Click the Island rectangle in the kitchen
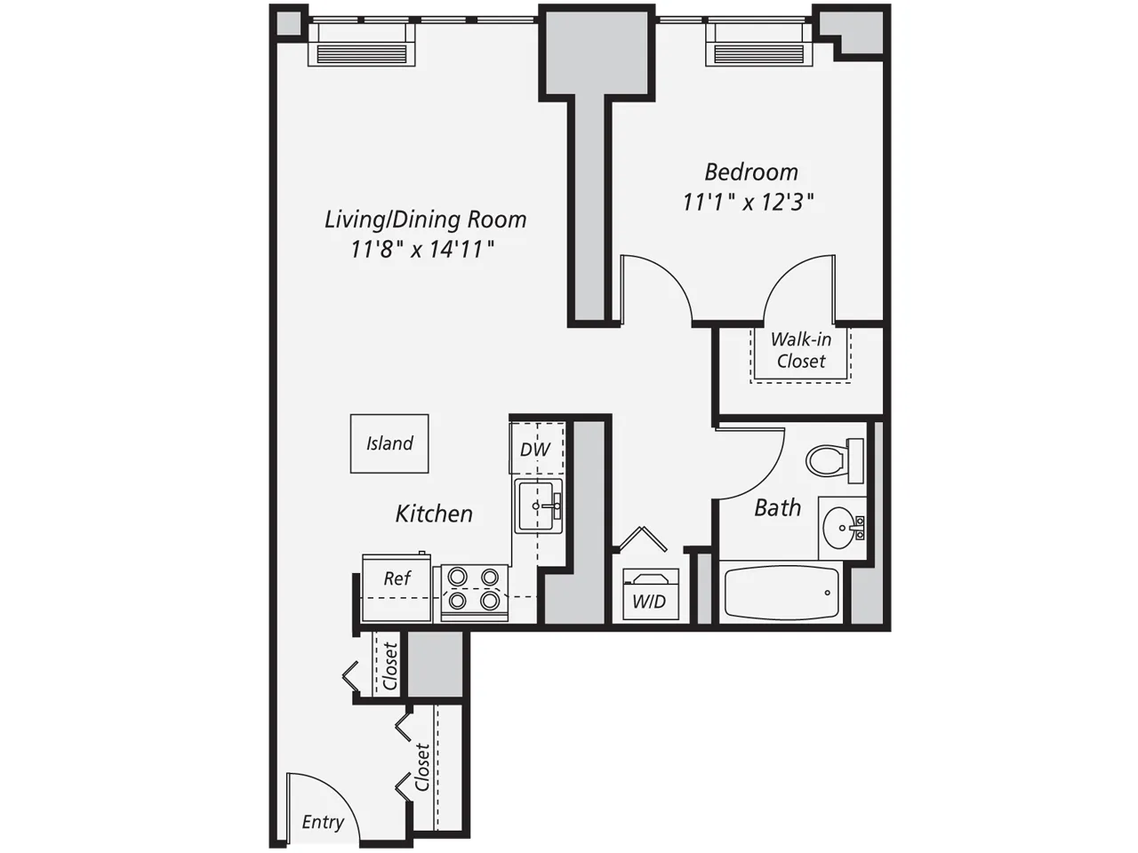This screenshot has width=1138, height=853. (x=389, y=443)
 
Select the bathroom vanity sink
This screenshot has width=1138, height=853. (x=840, y=529)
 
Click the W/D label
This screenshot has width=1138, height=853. (x=649, y=602)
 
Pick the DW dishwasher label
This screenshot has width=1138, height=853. (x=535, y=450)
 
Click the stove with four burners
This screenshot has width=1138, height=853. (x=473, y=589)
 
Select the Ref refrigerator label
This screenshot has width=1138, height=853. (x=397, y=578)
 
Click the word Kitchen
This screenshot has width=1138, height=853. (x=434, y=514)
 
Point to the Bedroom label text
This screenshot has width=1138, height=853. (x=751, y=171)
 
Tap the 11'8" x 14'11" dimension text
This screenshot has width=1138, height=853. (x=422, y=249)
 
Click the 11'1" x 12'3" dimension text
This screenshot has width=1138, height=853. (x=749, y=203)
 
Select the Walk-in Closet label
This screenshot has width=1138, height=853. (x=801, y=350)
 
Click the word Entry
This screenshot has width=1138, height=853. (x=322, y=822)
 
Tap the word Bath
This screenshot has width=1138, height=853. (x=777, y=507)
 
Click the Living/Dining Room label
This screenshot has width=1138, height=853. (x=425, y=219)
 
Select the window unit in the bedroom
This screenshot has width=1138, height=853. (x=758, y=44)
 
